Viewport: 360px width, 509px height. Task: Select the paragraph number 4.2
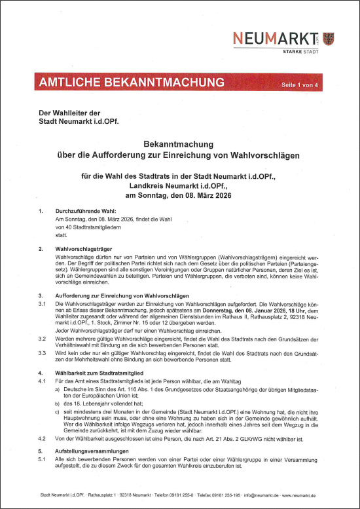42,438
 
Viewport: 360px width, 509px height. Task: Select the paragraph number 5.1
42,461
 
